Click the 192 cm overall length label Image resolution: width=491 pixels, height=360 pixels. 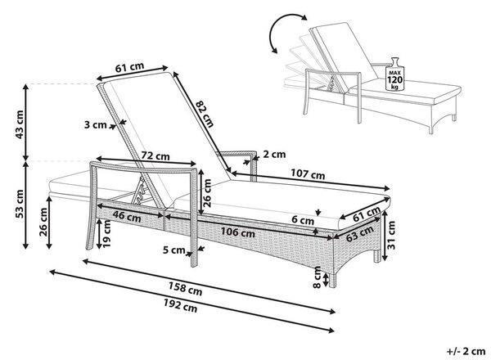(x=180, y=305)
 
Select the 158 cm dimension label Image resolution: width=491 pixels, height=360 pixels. (x=186, y=288)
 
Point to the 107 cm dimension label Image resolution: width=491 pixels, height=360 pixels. (x=308, y=174)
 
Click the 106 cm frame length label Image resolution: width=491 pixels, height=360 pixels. (x=238, y=232)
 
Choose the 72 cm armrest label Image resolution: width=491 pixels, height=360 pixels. (x=155, y=155)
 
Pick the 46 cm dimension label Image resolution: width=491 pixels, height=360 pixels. (x=127, y=216)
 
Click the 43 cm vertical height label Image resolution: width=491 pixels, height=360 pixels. (x=19, y=124)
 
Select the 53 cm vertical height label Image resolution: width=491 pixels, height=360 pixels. (x=19, y=204)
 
